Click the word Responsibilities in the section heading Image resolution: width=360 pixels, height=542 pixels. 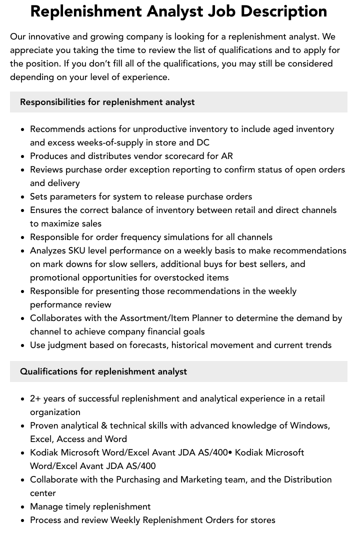52,102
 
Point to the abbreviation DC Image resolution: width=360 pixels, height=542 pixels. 203,142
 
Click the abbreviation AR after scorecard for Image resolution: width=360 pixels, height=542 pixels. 227,156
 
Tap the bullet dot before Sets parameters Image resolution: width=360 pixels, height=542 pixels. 23,197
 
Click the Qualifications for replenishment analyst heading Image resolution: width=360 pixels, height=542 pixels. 103,371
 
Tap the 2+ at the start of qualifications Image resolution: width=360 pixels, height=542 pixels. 35,398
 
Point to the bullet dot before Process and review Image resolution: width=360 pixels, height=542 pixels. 23,520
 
